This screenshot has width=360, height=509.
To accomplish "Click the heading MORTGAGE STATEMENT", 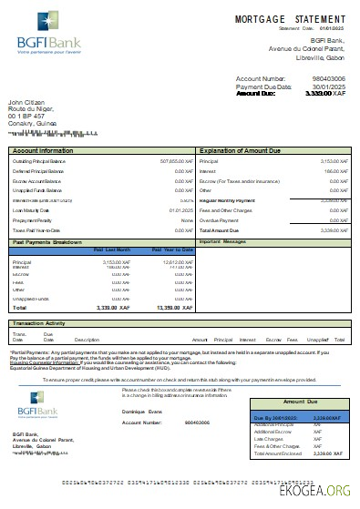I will pos(290,19).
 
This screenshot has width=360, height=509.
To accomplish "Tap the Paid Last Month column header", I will pos(112,249).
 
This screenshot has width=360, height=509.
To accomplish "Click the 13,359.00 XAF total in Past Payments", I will pos(172,308).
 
